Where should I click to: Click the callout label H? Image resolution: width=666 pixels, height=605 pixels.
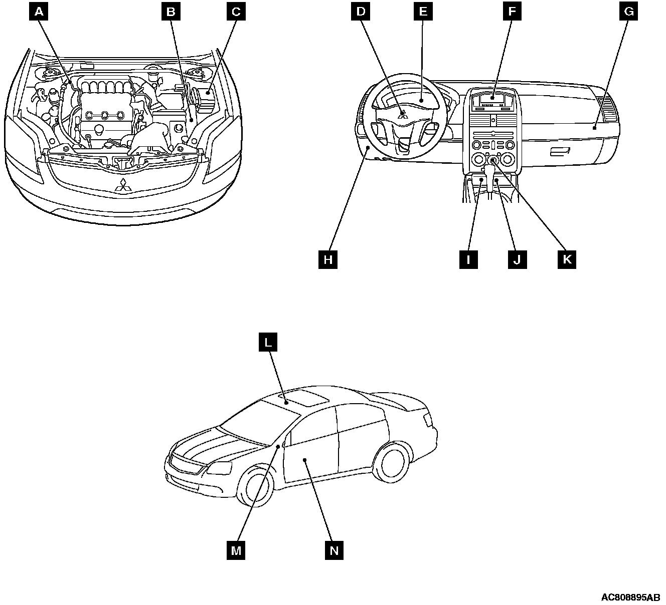pyautogui.click(x=328, y=259)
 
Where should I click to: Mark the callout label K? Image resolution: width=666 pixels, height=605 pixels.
pyautogui.click(x=567, y=259)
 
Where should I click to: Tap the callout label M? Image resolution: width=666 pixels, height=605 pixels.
pyautogui.click(x=236, y=550)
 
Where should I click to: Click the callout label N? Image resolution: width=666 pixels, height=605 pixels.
pyautogui.click(x=334, y=550)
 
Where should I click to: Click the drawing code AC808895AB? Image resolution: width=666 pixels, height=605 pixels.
pyautogui.click(x=631, y=597)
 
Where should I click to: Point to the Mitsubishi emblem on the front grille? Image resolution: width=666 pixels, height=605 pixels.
pyautogui.click(x=122, y=186)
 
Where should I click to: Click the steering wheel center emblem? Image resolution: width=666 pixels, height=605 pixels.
pyautogui.click(x=402, y=114)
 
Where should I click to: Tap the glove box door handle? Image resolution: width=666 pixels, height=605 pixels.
pyautogui.click(x=560, y=152)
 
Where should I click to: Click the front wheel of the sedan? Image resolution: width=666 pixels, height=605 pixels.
pyautogui.click(x=256, y=487)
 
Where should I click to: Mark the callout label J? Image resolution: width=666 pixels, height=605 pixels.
pyautogui.click(x=518, y=259)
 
